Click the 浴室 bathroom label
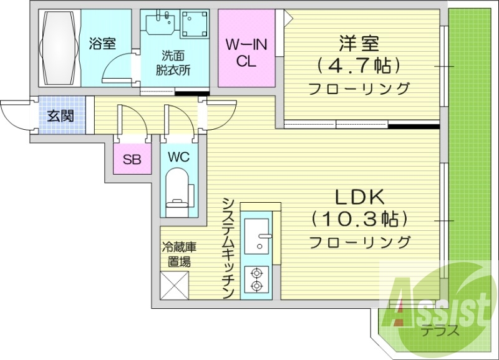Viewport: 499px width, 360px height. click(x=102, y=44)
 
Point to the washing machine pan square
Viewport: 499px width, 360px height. click(x=197, y=27)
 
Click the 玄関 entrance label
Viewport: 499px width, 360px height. click(x=61, y=116)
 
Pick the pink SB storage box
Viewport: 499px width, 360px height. click(x=131, y=159)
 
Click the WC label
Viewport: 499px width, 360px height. click(x=178, y=156)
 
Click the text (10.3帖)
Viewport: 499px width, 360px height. click(x=359, y=220)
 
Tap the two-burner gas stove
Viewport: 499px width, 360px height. click(x=256, y=279)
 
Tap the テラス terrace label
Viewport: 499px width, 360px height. click(x=440, y=331)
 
